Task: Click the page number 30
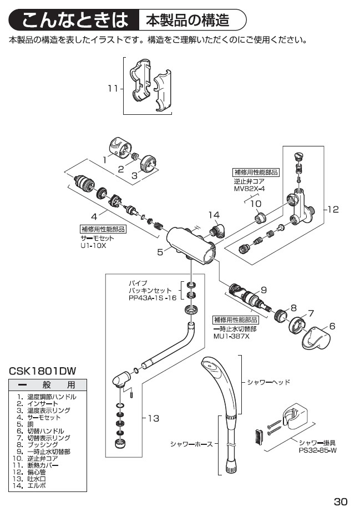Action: [x=339, y=497]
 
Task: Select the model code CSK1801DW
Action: [x=42, y=369]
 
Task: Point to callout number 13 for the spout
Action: [x=153, y=419]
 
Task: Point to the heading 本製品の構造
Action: [x=187, y=21]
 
